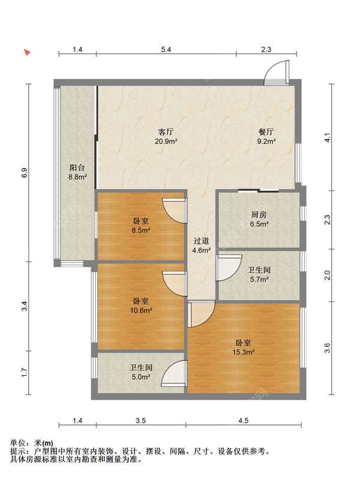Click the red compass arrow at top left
(27, 53)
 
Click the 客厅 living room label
(166, 132)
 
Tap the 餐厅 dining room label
(266, 132)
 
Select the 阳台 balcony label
(77, 167)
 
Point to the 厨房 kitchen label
(259, 214)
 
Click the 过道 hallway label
(201, 241)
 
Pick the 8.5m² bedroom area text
(141, 230)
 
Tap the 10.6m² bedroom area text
(141, 311)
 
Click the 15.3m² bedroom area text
(244, 352)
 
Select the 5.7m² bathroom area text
(259, 279)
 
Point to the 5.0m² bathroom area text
(141, 377)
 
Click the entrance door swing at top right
(277, 73)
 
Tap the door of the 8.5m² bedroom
(175, 210)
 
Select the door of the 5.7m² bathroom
(229, 268)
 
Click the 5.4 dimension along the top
(166, 49)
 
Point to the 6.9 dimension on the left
(25, 173)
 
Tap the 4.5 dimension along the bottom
(244, 421)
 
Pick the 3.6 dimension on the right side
(327, 348)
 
